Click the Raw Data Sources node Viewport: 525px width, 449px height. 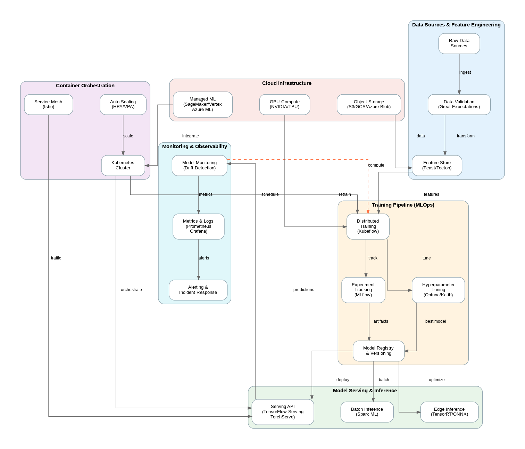(459, 43)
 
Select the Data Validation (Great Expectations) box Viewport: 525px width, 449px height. (459, 104)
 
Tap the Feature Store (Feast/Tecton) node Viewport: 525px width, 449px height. (437, 166)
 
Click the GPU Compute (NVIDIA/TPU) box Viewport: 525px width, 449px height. (284, 104)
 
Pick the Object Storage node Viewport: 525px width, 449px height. (369, 104)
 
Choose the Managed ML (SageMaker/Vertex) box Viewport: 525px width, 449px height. (202, 104)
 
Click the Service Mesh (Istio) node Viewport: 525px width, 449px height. (48, 104)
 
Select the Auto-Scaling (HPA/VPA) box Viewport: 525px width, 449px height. (123, 104)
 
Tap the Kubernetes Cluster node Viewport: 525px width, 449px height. (123, 166)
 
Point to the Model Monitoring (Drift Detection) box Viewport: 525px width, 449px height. (199, 166)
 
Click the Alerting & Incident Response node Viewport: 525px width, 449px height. (198, 290)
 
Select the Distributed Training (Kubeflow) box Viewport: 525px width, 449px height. (368, 226)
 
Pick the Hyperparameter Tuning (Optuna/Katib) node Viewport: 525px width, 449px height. (438, 290)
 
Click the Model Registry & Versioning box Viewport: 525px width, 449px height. (378, 351)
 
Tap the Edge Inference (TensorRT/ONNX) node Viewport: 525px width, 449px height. (449, 412)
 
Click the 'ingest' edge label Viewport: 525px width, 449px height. (465, 72)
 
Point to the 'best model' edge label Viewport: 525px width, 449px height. (435, 321)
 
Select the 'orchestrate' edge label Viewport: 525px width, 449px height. (131, 290)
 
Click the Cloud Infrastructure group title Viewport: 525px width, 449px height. (287, 83)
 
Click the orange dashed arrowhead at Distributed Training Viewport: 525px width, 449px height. (368, 212)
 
